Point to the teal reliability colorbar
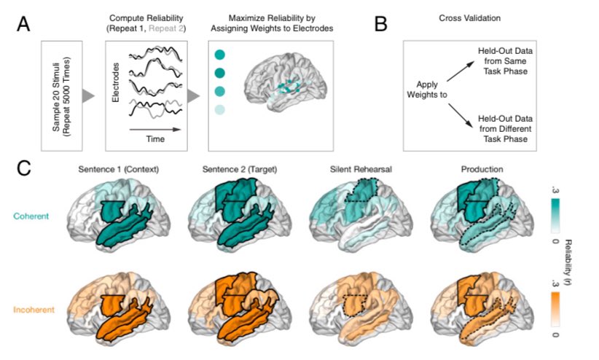point(555,215)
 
